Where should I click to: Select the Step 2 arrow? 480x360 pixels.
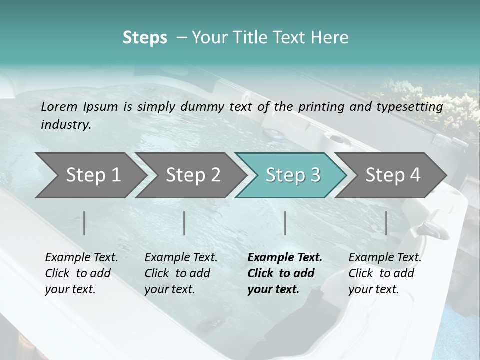tap(192, 175)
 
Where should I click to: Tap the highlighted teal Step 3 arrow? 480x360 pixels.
tap(292, 175)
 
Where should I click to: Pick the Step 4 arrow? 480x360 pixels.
tap(392, 175)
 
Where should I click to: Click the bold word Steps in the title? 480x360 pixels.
tap(145, 38)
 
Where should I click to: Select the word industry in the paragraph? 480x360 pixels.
tap(65, 125)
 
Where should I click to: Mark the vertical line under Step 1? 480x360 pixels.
tap(84, 223)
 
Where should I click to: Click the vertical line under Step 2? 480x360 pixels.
tap(184, 223)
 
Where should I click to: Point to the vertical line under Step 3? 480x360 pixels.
tap(285, 223)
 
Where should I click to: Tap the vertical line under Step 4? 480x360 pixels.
tap(386, 223)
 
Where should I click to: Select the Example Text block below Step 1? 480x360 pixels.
tap(81, 273)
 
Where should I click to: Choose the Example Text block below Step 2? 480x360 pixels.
tap(181, 273)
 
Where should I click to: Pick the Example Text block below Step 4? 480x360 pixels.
tap(385, 273)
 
